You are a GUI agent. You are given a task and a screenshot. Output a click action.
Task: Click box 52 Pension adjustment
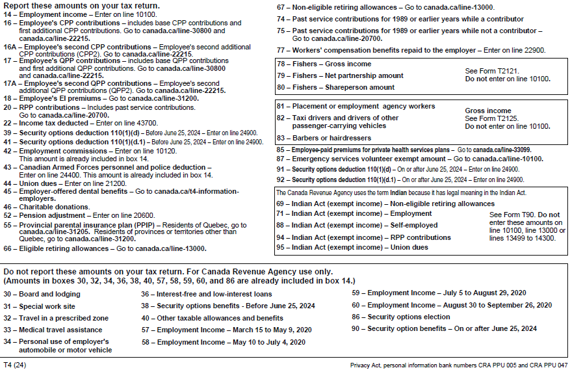(x=79, y=215)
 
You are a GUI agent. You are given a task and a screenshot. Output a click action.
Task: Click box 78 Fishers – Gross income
(x=324, y=64)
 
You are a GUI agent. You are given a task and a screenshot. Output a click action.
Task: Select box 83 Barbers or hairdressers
(x=324, y=138)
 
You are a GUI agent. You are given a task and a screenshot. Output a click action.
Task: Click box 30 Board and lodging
(x=42, y=294)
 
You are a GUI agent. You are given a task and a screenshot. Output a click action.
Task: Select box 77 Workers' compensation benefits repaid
(x=411, y=50)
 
